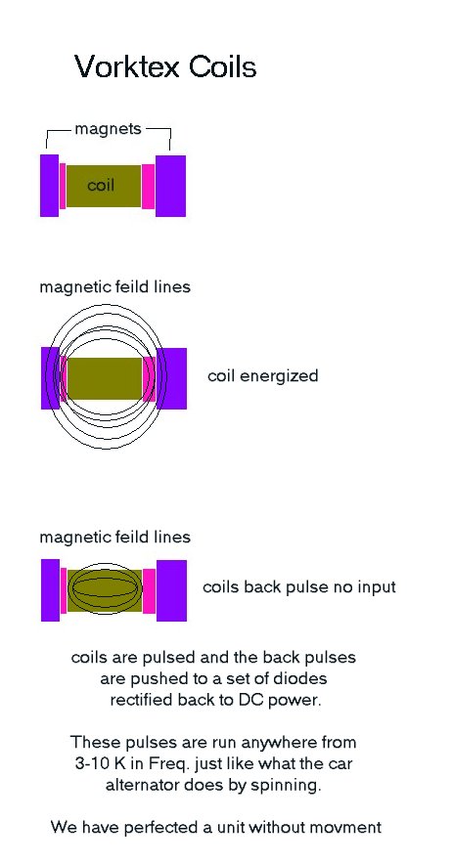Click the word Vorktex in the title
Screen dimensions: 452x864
(128, 66)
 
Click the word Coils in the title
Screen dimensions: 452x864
(222, 66)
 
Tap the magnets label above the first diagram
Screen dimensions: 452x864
(109, 129)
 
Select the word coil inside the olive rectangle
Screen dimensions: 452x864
(101, 185)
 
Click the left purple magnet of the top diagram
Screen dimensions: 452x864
(49, 185)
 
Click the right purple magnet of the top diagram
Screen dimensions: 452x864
(170, 186)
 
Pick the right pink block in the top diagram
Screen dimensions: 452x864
(148, 187)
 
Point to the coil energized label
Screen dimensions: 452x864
(263, 376)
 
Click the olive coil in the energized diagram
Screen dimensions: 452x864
(105, 378)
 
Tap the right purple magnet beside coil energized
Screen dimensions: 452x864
(171, 378)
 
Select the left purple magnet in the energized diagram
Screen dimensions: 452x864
(50, 378)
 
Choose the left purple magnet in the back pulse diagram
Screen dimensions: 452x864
(50, 590)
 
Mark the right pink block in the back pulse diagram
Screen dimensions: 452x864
(149, 590)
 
